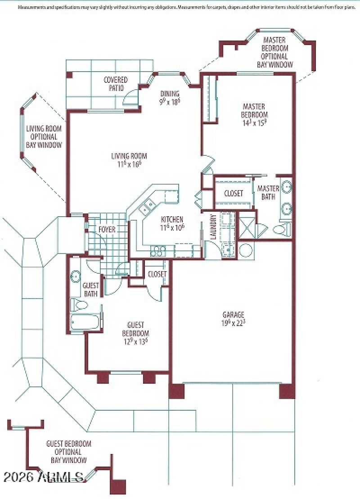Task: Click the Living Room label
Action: pyautogui.click(x=129, y=160)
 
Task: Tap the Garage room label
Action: pyautogui.click(x=233, y=318)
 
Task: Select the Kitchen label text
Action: pyautogui.click(x=172, y=223)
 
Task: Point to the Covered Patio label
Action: pyautogui.click(x=116, y=84)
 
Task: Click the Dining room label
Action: pyautogui.click(x=170, y=98)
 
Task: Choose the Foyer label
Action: pyautogui.click(x=107, y=229)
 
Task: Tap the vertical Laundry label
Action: pyautogui.click(x=213, y=227)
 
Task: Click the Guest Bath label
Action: pyautogui.click(x=91, y=290)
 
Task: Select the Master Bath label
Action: pyautogui.click(x=268, y=192)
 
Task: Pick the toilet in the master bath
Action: pyautogui.click(x=279, y=230)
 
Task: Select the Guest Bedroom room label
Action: pyautogui.click(x=135, y=333)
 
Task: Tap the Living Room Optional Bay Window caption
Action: pyautogui.click(x=44, y=137)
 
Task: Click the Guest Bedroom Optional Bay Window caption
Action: pyautogui.click(x=68, y=452)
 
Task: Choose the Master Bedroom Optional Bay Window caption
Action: pyautogui.click(x=275, y=53)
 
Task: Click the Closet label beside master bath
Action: pyautogui.click(x=233, y=193)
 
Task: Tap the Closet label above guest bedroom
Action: pyautogui.click(x=157, y=274)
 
